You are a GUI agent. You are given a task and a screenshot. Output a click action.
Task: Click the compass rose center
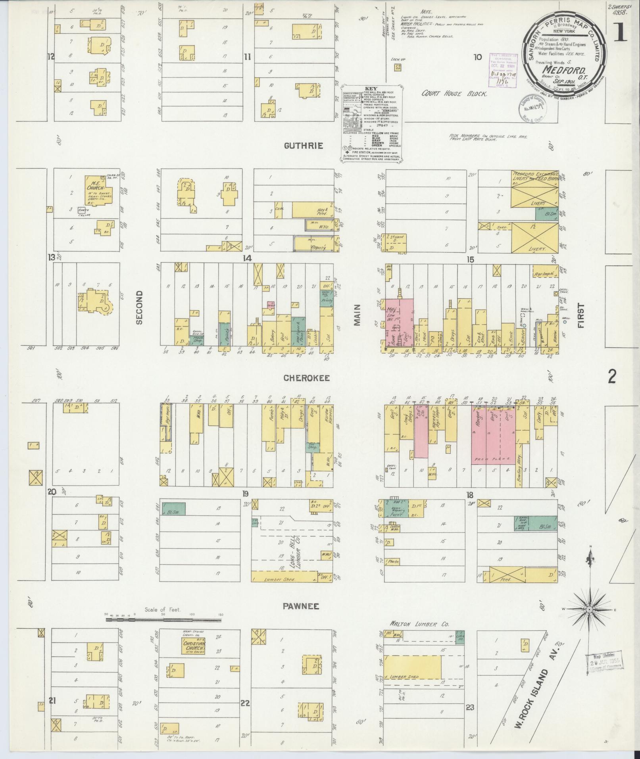click(590, 609)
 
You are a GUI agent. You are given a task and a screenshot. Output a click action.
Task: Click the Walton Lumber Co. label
click(420, 624)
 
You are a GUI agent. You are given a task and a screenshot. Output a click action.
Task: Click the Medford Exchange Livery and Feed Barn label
click(536, 177)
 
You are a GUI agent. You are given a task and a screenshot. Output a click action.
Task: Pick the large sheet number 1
click(620, 32)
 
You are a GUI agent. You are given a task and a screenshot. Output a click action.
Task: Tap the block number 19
click(246, 494)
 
